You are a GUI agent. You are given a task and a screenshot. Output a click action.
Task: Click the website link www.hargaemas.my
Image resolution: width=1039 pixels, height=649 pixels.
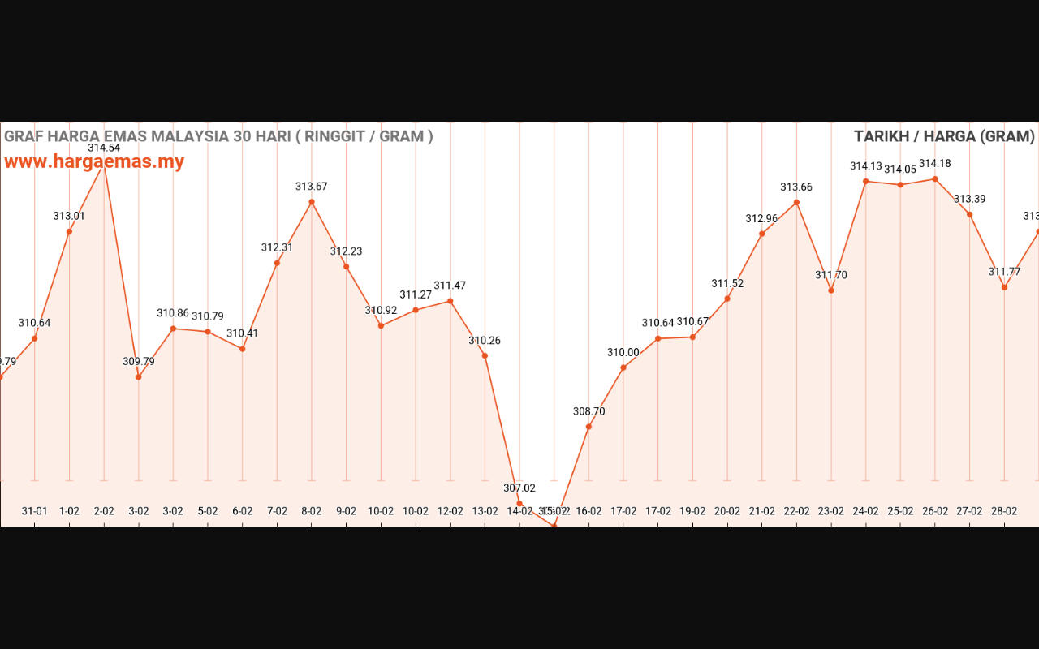tap(94, 161)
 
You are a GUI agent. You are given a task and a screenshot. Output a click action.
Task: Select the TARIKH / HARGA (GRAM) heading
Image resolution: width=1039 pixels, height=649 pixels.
tap(944, 136)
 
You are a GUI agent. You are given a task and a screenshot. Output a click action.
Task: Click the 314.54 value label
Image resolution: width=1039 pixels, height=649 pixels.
tap(104, 148)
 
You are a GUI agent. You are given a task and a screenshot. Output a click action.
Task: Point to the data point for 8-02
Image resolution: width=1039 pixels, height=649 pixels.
tap(312, 202)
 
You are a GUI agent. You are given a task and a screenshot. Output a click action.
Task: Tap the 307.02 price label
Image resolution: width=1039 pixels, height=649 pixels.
tap(519, 488)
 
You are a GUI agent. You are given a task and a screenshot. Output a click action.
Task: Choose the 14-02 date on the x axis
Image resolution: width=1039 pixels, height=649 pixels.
tap(519, 511)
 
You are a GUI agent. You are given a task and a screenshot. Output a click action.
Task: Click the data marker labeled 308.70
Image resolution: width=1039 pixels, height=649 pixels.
tap(588, 427)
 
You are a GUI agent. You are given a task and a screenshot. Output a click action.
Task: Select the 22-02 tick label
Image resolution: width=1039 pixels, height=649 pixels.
tap(796, 511)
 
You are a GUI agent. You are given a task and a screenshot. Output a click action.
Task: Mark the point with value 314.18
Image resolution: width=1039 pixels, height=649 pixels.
tap(935, 179)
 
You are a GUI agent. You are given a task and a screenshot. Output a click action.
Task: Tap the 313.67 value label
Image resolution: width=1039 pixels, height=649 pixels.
tap(312, 187)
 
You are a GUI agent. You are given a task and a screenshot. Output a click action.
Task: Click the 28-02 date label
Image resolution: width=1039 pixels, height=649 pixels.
tap(1004, 511)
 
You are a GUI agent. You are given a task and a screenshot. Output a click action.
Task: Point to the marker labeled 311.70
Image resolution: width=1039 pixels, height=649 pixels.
tap(831, 290)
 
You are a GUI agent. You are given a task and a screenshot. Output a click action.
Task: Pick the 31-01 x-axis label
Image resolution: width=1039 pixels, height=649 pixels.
tap(34, 511)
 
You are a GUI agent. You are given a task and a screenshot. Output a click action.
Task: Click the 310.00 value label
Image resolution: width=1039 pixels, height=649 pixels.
tap(623, 352)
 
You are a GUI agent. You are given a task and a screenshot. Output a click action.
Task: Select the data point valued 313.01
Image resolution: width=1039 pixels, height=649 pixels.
tap(69, 232)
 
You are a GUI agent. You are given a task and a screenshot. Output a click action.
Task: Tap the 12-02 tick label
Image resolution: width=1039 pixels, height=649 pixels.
tap(451, 511)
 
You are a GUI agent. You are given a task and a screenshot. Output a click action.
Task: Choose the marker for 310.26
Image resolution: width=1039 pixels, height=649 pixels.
tap(485, 356)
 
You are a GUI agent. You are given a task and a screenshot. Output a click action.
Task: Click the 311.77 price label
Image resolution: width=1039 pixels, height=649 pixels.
tap(1004, 272)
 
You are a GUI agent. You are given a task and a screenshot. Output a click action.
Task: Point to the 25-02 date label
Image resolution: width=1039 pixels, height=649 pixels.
tap(900, 511)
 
